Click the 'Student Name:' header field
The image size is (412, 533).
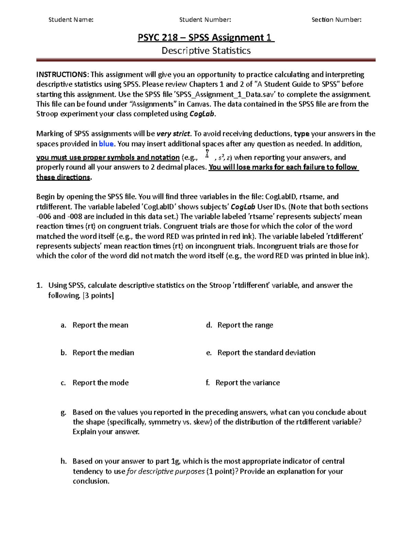(71, 20)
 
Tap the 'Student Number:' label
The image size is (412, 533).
(205, 20)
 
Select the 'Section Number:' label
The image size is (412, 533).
(336, 20)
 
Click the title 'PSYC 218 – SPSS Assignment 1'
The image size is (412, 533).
(206, 37)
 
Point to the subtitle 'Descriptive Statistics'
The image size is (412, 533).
(206, 51)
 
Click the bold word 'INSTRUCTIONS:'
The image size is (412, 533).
(62, 74)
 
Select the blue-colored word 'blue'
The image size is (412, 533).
(106, 144)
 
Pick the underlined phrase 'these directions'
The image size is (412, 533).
(63, 177)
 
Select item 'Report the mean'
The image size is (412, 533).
(100, 325)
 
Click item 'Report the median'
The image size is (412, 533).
(103, 352)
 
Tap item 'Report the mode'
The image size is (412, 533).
(100, 383)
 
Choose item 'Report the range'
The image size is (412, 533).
(245, 325)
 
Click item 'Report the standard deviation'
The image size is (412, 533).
(266, 352)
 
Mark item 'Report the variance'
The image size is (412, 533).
(248, 383)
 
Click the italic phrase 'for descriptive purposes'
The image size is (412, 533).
(166, 471)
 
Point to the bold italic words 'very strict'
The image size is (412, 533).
(173, 134)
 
